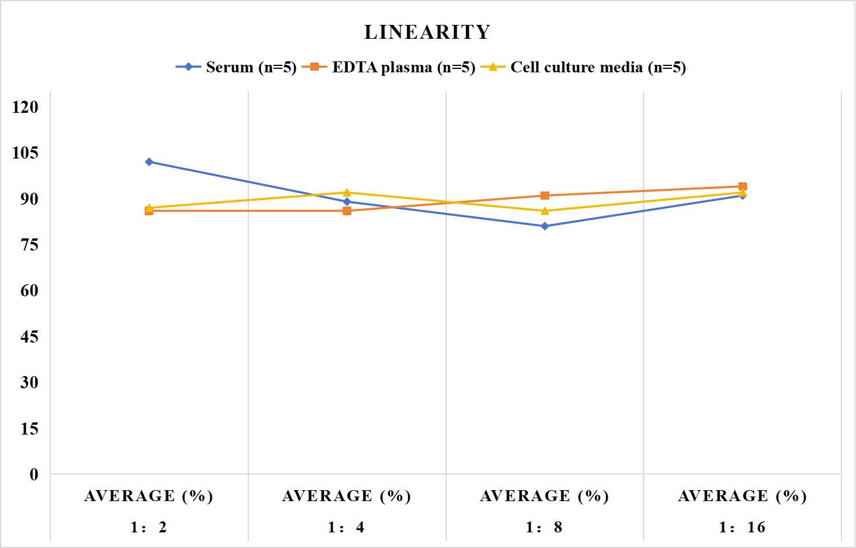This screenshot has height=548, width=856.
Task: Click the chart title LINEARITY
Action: [427, 32]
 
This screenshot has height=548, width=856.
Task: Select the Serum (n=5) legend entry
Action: [236, 67]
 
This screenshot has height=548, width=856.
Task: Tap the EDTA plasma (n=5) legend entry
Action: [388, 67]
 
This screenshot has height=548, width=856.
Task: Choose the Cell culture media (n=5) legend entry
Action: [583, 67]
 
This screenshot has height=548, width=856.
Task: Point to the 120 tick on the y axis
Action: [25, 107]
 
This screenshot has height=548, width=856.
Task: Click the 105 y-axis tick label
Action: [25, 153]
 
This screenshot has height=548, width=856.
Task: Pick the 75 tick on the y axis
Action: [30, 245]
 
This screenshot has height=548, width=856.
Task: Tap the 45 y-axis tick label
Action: [30, 337]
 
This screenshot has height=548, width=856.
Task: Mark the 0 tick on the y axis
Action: [34, 475]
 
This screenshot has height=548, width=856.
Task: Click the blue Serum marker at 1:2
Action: [149, 162]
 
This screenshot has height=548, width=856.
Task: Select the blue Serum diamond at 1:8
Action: [545, 226]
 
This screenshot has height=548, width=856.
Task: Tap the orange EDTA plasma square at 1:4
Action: [347, 211]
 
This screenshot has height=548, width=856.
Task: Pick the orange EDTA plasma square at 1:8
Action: [545, 196]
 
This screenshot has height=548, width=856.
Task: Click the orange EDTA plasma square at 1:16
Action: [743, 186]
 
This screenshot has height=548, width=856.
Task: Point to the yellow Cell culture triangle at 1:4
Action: [347, 192]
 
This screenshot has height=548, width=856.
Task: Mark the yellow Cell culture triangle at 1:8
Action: [545, 211]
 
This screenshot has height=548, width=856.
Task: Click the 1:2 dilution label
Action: [149, 527]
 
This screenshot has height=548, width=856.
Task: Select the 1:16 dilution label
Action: [742, 527]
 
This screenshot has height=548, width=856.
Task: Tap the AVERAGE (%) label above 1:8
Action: [544, 496]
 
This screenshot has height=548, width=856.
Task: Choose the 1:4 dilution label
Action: [346, 527]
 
